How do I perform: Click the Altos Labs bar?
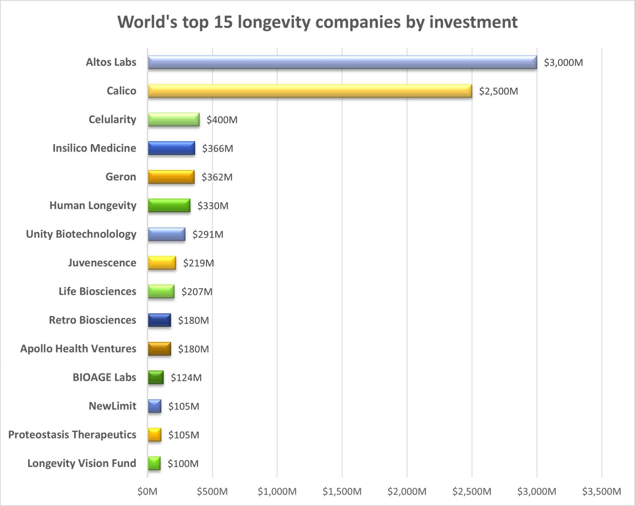click(x=342, y=62)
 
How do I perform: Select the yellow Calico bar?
click(x=310, y=91)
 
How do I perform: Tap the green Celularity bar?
click(x=173, y=120)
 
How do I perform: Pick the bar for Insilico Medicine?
click(x=171, y=148)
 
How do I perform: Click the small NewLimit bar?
click(x=154, y=406)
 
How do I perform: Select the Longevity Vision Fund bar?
click(x=154, y=463)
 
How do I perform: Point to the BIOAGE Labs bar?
click(x=156, y=377)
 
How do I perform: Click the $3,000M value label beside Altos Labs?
click(x=563, y=62)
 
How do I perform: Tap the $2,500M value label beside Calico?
click(x=498, y=91)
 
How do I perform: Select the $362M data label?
click(x=217, y=177)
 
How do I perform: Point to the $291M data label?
click(x=208, y=234)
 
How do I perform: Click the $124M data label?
click(x=186, y=378)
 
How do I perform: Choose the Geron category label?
click(x=121, y=177)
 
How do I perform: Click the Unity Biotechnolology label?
click(x=81, y=234)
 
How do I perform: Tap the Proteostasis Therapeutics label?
click(x=72, y=434)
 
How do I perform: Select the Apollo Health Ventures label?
click(x=78, y=349)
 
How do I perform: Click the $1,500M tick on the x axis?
click(x=342, y=491)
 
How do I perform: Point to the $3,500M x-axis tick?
click(x=601, y=491)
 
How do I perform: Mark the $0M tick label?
click(x=147, y=491)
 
